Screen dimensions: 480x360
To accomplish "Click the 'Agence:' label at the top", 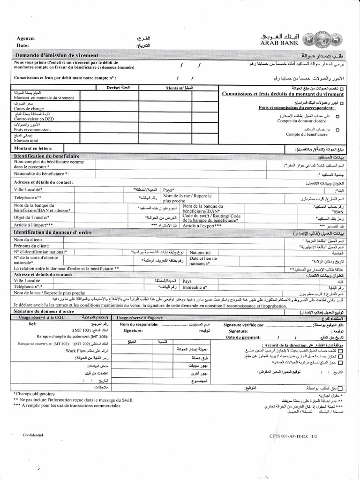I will pos(26,38).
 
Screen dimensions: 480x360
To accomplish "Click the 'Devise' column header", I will pos(120,87).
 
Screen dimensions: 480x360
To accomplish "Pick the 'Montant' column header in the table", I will pos(176,87).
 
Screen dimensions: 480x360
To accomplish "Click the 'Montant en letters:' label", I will pos(35,148).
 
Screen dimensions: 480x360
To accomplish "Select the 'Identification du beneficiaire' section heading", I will pos(47,156).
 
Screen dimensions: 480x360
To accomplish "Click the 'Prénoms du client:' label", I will pos(31,246).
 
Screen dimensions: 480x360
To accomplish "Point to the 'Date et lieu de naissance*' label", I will pos(203,261).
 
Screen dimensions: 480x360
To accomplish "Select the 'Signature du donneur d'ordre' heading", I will pos(44,311).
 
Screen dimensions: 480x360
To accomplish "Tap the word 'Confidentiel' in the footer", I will pos(32,435).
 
